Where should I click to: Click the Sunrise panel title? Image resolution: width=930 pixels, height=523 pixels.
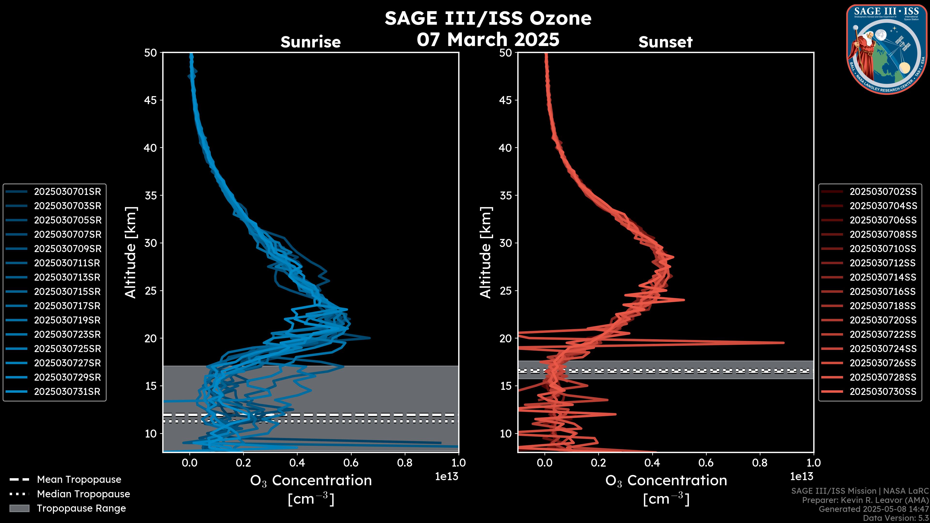(310, 42)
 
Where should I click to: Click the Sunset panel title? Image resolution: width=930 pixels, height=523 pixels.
(665, 42)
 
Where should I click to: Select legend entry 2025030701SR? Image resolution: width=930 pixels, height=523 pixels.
(67, 192)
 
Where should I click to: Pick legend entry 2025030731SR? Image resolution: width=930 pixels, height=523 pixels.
(67, 392)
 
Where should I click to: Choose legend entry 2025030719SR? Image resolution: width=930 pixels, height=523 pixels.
(67, 320)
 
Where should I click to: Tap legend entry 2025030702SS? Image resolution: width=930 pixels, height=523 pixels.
(883, 192)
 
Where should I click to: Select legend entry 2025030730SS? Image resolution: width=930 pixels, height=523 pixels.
(883, 392)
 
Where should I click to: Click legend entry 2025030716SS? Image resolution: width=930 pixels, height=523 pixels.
(883, 292)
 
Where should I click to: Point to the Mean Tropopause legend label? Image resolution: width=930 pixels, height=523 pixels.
(79, 479)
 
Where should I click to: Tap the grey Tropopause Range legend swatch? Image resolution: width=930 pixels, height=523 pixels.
(19, 508)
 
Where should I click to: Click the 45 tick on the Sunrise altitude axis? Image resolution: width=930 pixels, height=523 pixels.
(151, 100)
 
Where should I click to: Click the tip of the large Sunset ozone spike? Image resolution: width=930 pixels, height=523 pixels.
(783, 343)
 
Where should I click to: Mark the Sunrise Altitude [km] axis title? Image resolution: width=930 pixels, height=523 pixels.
(131, 252)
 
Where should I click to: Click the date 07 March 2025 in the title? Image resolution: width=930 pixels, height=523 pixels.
(488, 39)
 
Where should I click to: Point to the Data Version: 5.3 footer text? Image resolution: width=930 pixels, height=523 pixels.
(895, 518)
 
